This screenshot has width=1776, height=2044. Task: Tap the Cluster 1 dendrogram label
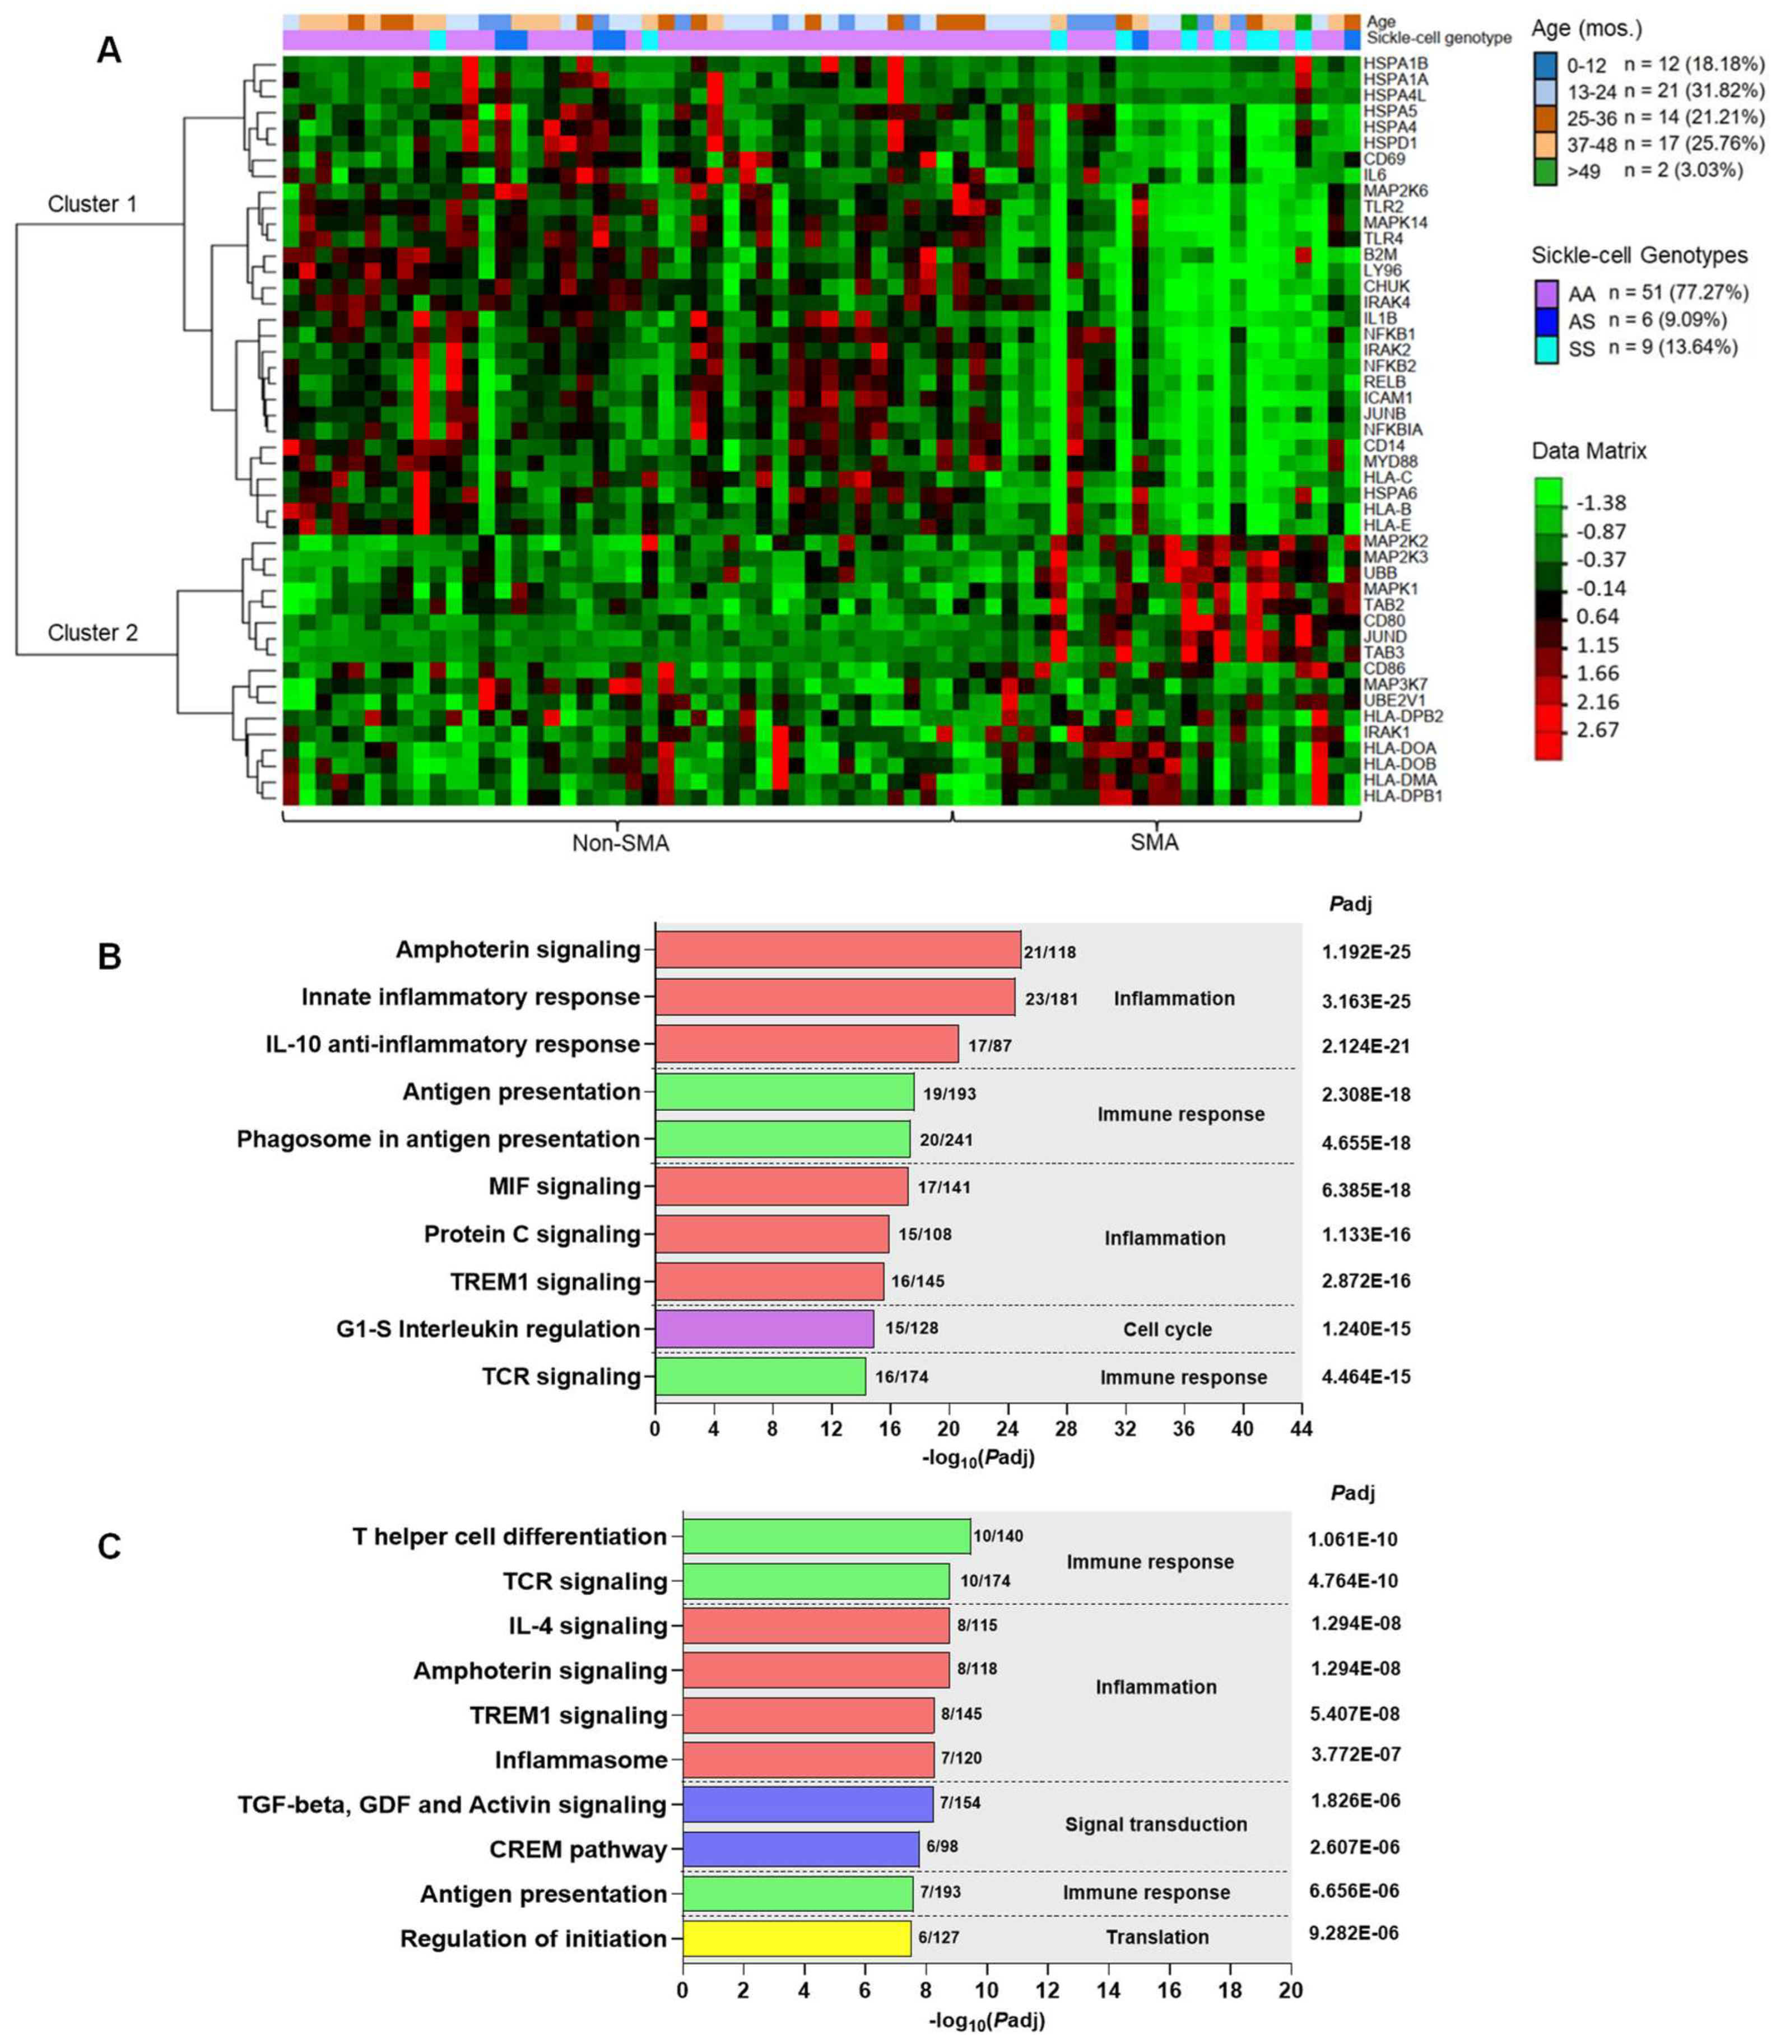pyautogui.click(x=92, y=204)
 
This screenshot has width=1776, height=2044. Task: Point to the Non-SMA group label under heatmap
pyautogui.click(x=620, y=843)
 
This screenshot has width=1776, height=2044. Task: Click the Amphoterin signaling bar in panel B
pyautogui.click(x=838, y=949)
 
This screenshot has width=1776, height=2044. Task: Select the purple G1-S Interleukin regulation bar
pyautogui.click(x=764, y=1329)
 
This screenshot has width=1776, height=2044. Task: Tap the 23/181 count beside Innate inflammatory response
pyautogui.click(x=1050, y=999)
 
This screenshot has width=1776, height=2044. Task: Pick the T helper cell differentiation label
pyautogui.click(x=509, y=1537)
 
